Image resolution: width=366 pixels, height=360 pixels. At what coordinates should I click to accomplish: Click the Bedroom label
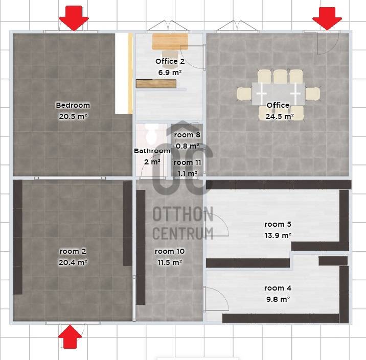(73, 105)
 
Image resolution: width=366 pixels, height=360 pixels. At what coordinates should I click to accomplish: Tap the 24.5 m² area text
(280, 116)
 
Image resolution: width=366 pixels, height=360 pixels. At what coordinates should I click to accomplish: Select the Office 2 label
(170, 61)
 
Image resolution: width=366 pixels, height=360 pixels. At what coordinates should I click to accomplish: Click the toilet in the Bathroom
(152, 134)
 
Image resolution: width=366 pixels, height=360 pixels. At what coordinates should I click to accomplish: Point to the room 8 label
(187, 135)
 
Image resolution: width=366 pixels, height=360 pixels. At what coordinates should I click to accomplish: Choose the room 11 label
(187, 162)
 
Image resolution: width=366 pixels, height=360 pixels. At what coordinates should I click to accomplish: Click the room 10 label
(170, 251)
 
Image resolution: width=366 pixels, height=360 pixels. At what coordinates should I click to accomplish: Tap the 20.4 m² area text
(73, 262)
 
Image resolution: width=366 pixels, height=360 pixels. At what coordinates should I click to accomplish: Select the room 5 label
(278, 224)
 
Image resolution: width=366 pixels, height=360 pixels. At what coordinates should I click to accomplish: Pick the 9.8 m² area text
(278, 299)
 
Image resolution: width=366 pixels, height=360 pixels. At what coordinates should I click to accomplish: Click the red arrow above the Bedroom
(74, 18)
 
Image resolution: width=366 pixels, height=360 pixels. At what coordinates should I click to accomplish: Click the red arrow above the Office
(327, 18)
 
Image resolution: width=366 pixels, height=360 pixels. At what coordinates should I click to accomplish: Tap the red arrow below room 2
(70, 337)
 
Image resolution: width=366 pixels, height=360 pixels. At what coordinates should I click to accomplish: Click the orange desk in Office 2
(170, 41)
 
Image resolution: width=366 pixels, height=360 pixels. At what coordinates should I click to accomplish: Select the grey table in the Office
(278, 94)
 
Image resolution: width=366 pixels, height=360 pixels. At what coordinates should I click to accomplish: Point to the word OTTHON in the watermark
(182, 214)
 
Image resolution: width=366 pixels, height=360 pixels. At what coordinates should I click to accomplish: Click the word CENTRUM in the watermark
(182, 233)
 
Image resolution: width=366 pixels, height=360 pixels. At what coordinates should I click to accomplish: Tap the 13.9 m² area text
(278, 235)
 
